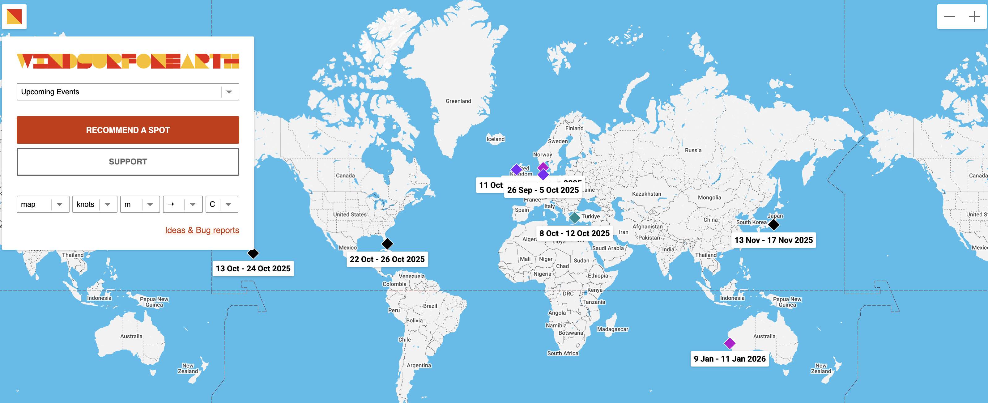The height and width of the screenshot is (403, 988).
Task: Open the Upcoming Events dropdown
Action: (x=128, y=92)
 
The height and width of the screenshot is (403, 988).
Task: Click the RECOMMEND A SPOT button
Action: (x=128, y=130)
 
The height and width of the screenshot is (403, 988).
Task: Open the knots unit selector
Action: (x=94, y=204)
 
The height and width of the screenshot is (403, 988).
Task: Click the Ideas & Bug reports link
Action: (x=202, y=230)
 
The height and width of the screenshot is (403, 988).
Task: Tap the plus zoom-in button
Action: (x=974, y=17)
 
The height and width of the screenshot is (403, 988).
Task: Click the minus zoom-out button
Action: (x=950, y=17)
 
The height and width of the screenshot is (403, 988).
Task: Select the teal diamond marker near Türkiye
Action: (x=574, y=218)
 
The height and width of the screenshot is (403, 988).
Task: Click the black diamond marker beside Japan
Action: (x=773, y=225)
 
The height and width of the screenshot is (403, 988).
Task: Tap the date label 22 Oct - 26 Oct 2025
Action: (x=387, y=259)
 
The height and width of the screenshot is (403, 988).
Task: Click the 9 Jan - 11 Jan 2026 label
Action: (x=730, y=359)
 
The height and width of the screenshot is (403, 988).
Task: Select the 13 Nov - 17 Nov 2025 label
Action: (x=773, y=240)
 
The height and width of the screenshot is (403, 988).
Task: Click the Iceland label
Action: (x=496, y=139)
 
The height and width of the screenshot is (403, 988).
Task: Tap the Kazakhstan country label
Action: (x=646, y=194)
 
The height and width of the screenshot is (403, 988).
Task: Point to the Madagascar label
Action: (x=612, y=329)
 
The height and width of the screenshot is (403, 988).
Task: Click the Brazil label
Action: (x=430, y=306)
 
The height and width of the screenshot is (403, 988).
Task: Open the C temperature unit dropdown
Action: (x=222, y=204)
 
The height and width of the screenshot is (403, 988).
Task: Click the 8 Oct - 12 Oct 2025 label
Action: (x=574, y=233)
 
